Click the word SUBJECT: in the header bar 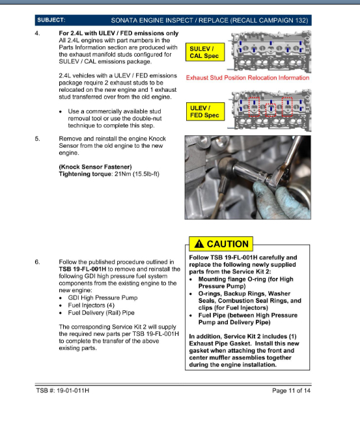[51, 20]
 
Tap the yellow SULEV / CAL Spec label [205, 52]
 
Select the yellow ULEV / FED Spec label [205, 111]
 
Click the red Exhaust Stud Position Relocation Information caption [248, 77]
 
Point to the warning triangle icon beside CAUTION [199, 243]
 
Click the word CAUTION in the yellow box [227, 244]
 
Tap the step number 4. [37, 33]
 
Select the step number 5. [37, 139]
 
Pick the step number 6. [37, 262]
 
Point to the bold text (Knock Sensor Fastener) [95, 167]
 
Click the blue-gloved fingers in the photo [281, 199]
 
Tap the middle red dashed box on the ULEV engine [271, 110]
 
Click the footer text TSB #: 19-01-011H [62, 390]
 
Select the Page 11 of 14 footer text [291, 390]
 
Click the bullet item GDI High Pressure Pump [103, 298]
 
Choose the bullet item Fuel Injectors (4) [91, 305]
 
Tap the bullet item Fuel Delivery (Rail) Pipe [101, 313]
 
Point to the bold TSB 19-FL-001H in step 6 [83, 269]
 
